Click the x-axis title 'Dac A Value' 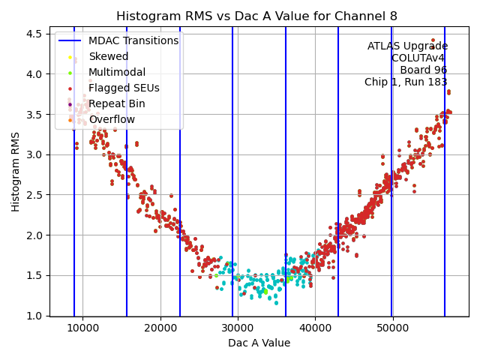pos(259,343)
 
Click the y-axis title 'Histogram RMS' pos(16,172)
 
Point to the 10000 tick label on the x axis pos(82,328)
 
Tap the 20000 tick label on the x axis pos(160,328)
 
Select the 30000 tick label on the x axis pos(238,328)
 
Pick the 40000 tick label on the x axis pos(315,328)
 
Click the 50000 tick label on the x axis pos(392,328)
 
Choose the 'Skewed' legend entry pos(109,56)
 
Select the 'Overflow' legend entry pos(112,119)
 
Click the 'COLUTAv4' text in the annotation pos(419,58)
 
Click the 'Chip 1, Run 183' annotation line pos(406,82)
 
